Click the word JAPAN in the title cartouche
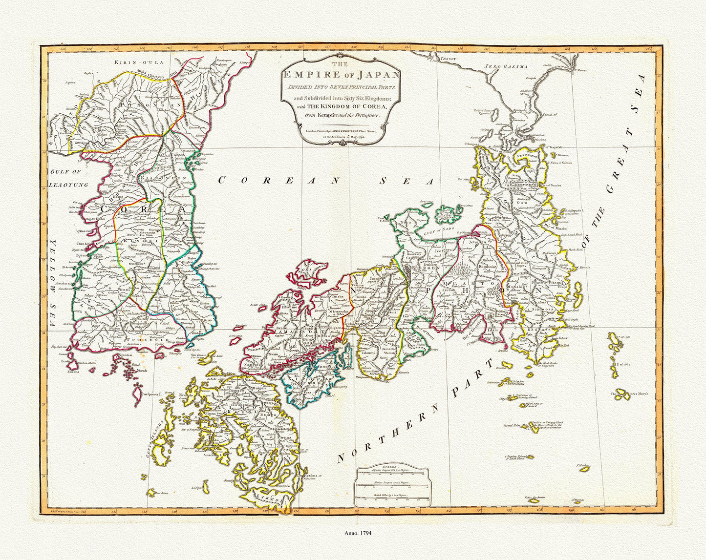(x=374, y=74)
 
